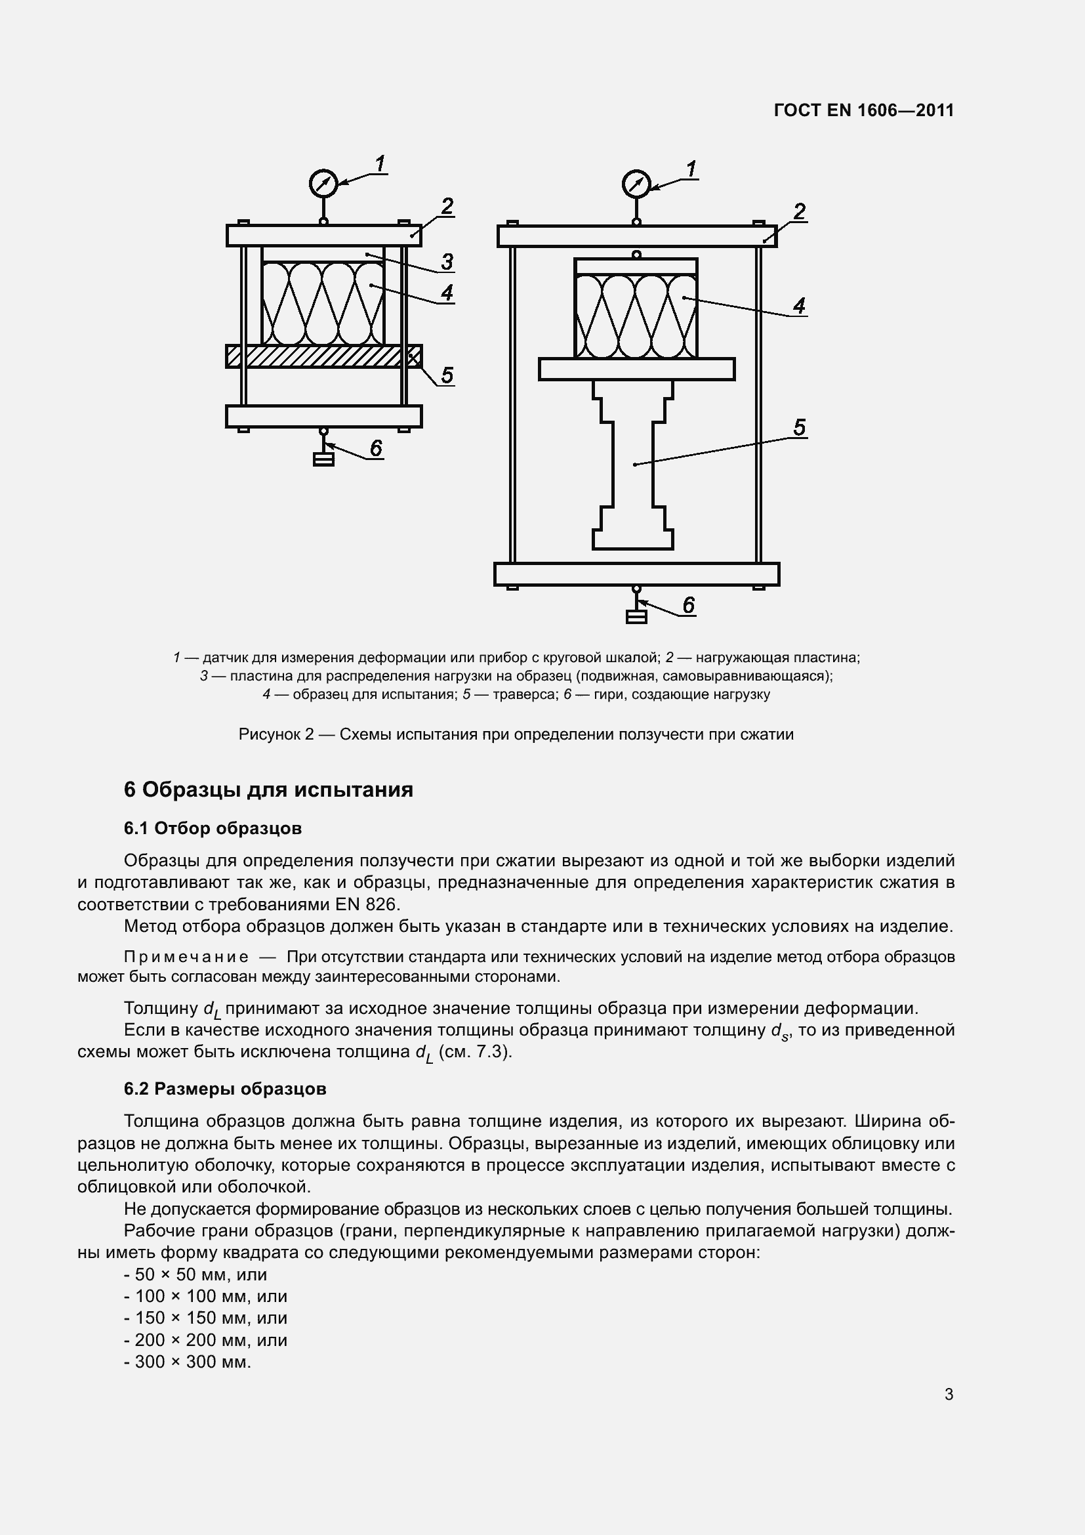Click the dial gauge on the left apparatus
click(323, 183)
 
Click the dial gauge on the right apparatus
click(636, 184)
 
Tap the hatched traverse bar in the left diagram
click(323, 356)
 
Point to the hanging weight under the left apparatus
click(323, 459)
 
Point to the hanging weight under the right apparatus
click(636, 617)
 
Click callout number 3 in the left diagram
click(447, 261)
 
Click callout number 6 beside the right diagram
click(688, 605)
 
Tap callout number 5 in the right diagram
click(799, 427)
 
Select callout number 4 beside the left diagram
click(446, 293)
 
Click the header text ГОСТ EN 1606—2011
click(863, 110)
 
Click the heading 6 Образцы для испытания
click(268, 789)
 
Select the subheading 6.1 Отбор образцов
click(213, 828)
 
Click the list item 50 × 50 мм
click(195, 1274)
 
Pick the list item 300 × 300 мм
click(188, 1362)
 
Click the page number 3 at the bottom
click(949, 1413)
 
